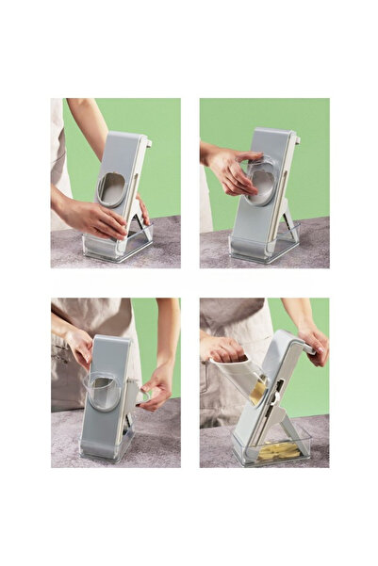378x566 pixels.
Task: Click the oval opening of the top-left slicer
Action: pos(112,189)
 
